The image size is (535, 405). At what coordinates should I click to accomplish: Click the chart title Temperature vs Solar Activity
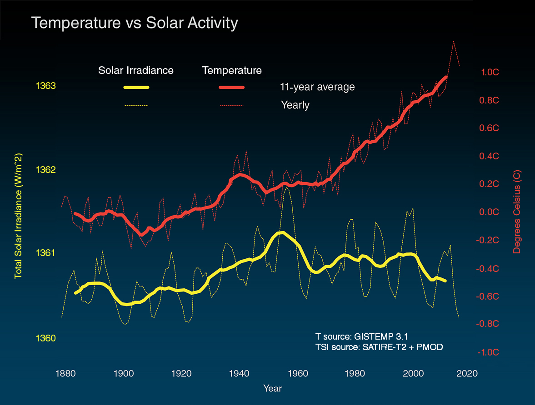pyautogui.click(x=135, y=23)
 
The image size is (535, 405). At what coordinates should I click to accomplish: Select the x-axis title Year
pyautogui.click(x=272, y=389)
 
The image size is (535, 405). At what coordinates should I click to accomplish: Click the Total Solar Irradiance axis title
pyautogui.click(x=19, y=216)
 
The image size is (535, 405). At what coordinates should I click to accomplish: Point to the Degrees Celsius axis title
pyautogui.click(x=517, y=212)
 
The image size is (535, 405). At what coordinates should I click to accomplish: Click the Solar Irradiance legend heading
pyautogui.click(x=136, y=70)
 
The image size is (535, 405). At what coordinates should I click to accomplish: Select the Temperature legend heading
pyautogui.click(x=232, y=70)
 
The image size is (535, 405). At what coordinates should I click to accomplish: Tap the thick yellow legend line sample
pyautogui.click(x=136, y=87)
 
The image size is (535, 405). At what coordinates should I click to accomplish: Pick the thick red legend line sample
pyautogui.click(x=232, y=87)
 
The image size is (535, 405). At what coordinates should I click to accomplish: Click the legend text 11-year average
pyautogui.click(x=317, y=87)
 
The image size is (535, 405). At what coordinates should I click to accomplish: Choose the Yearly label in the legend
pyautogui.click(x=295, y=105)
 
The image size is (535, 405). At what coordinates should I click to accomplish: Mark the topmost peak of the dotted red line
pyautogui.click(x=454, y=41)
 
